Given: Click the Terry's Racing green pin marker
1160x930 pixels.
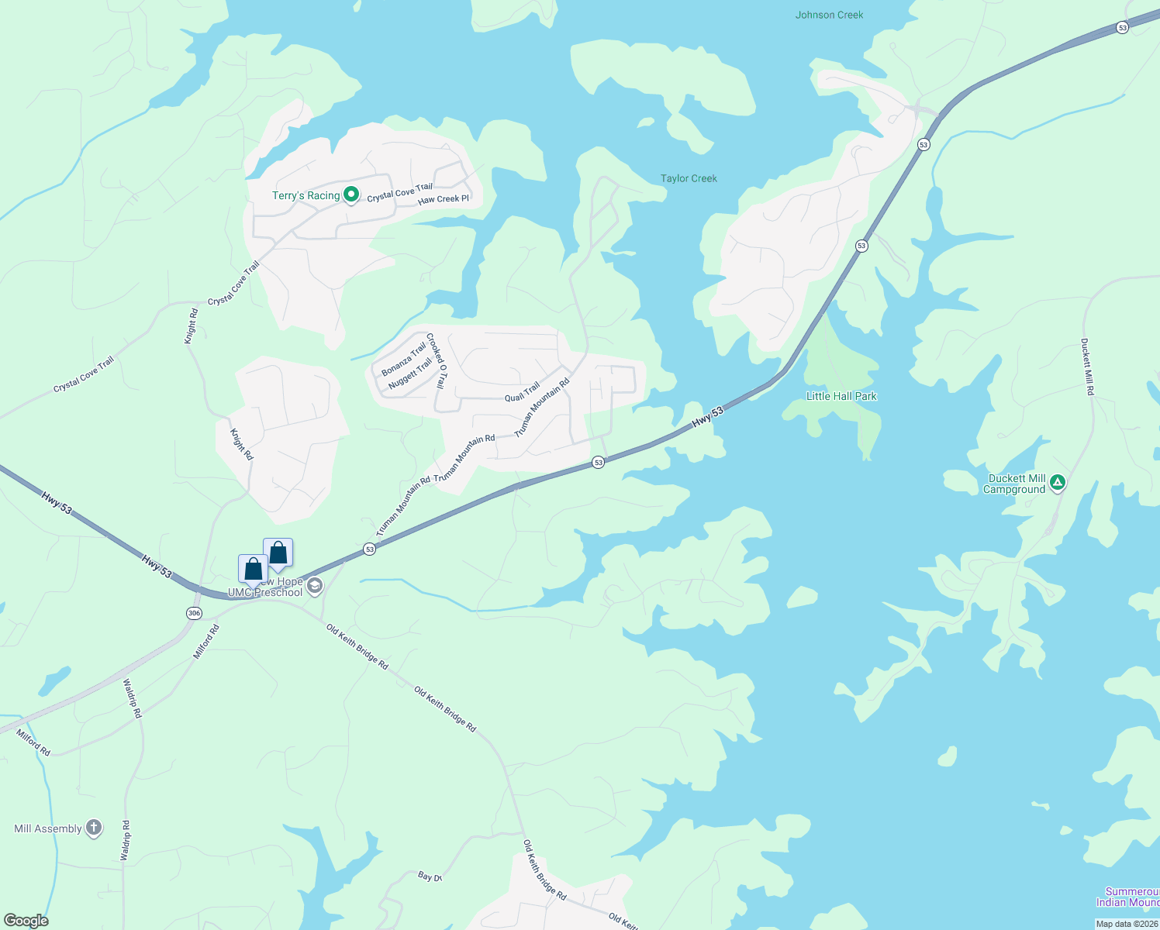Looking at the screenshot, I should coord(350,195).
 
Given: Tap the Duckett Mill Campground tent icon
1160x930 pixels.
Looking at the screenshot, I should coord(1057,484).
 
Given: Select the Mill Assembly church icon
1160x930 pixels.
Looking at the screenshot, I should coord(94,828).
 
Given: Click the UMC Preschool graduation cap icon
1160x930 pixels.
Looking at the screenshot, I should coord(315,586).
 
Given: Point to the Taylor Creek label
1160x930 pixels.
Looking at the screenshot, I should coord(689,178).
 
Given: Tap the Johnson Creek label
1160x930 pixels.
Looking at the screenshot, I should coord(829,15).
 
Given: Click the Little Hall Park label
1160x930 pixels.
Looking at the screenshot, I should coord(841,396).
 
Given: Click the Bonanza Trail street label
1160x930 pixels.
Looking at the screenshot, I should coord(403,359).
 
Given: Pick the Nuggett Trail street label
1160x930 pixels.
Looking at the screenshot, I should coord(410,373).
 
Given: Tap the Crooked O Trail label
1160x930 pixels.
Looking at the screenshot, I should coord(437,361).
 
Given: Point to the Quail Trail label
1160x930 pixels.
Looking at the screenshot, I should coord(522,393).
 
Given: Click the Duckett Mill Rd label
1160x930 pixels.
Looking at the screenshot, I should coord(1087,367).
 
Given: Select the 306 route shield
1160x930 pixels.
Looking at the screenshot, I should coord(194,613).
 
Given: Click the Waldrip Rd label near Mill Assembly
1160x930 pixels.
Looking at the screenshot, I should coord(125,840).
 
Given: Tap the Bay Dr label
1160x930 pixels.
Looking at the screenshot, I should coord(430,877).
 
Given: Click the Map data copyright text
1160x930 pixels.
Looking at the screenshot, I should coord(1127,924).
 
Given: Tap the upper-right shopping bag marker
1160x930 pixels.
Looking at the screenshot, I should coord(278,553).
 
